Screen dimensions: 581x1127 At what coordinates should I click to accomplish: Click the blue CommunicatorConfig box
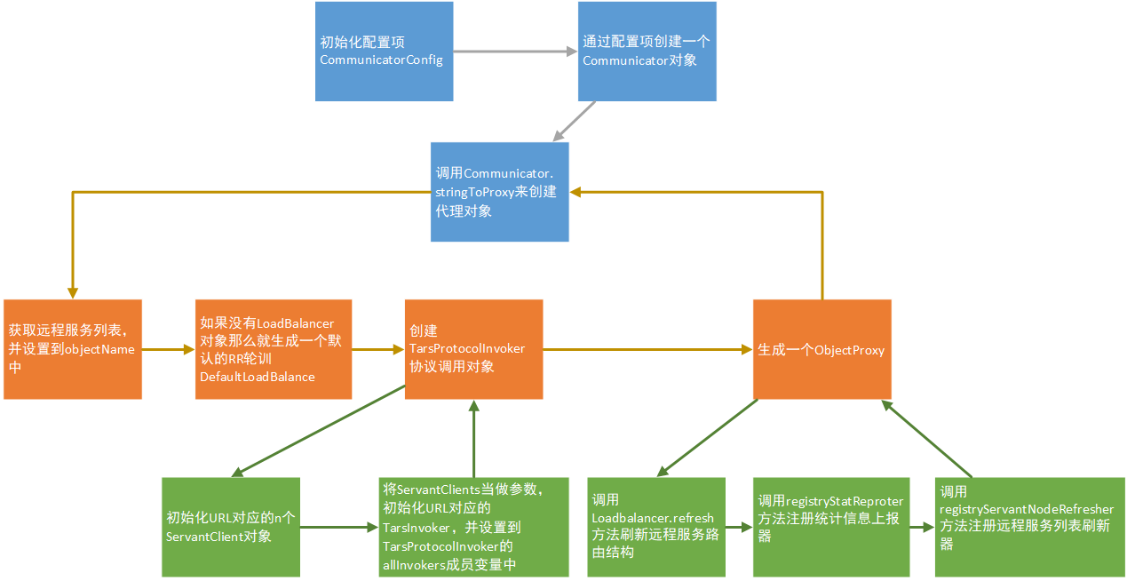384,52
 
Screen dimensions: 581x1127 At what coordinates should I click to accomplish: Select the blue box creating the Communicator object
647,52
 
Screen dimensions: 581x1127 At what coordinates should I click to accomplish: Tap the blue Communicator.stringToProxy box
499,192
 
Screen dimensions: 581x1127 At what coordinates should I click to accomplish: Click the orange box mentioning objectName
72,349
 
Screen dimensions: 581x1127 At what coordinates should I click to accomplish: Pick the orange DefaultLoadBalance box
274,349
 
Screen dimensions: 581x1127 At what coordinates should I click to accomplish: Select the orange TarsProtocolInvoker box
473,349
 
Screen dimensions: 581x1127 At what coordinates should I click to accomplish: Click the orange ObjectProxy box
821,349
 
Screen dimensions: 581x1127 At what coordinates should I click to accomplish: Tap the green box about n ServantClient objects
231,527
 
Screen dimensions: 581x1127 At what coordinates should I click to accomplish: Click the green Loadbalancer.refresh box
656,527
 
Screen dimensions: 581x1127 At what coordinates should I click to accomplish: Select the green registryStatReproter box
831,527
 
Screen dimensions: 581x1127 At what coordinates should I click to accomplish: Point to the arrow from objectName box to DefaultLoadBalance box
169,349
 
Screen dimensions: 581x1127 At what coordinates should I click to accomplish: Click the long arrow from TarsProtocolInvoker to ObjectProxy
648,349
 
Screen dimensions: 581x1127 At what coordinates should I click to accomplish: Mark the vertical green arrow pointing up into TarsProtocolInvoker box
473,440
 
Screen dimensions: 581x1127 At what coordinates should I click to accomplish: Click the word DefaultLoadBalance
257,378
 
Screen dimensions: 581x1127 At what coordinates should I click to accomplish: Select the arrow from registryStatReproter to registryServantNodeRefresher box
923,527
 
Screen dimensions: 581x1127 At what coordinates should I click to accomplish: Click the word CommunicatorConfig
381,60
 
